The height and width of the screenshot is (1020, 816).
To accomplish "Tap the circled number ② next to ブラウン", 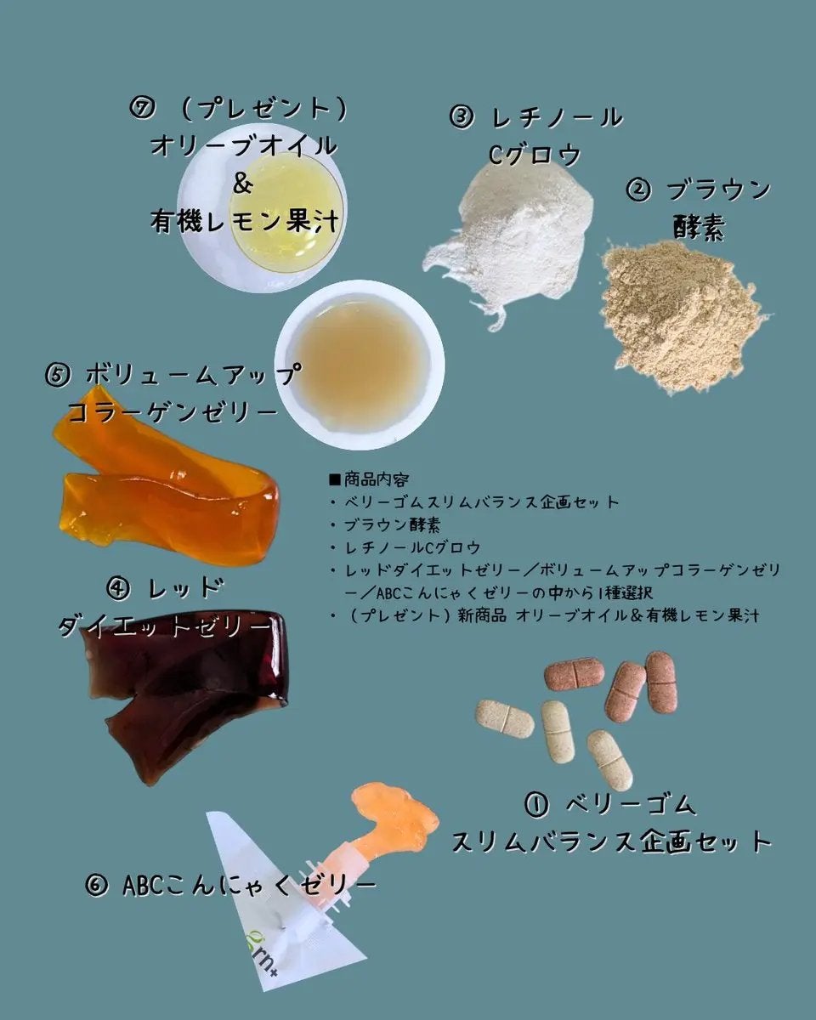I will coord(638,190).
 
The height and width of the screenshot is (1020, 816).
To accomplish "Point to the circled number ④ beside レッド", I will coord(118,587).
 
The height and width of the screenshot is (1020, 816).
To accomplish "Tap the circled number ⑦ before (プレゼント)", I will coord(141,109).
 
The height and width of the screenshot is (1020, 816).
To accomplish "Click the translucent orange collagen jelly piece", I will coord(170,493).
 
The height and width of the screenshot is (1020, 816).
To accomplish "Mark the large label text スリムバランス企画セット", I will coord(611,841).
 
